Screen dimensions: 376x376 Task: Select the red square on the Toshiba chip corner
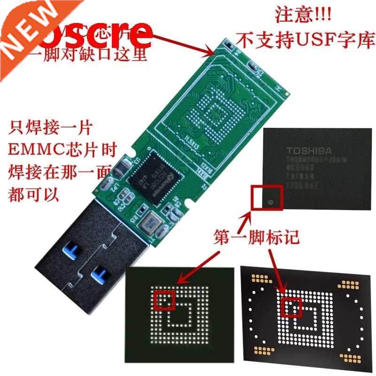pos(266,197)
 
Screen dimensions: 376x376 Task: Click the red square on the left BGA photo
pos(165,300)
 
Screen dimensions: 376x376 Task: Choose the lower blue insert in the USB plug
pos(100,271)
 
